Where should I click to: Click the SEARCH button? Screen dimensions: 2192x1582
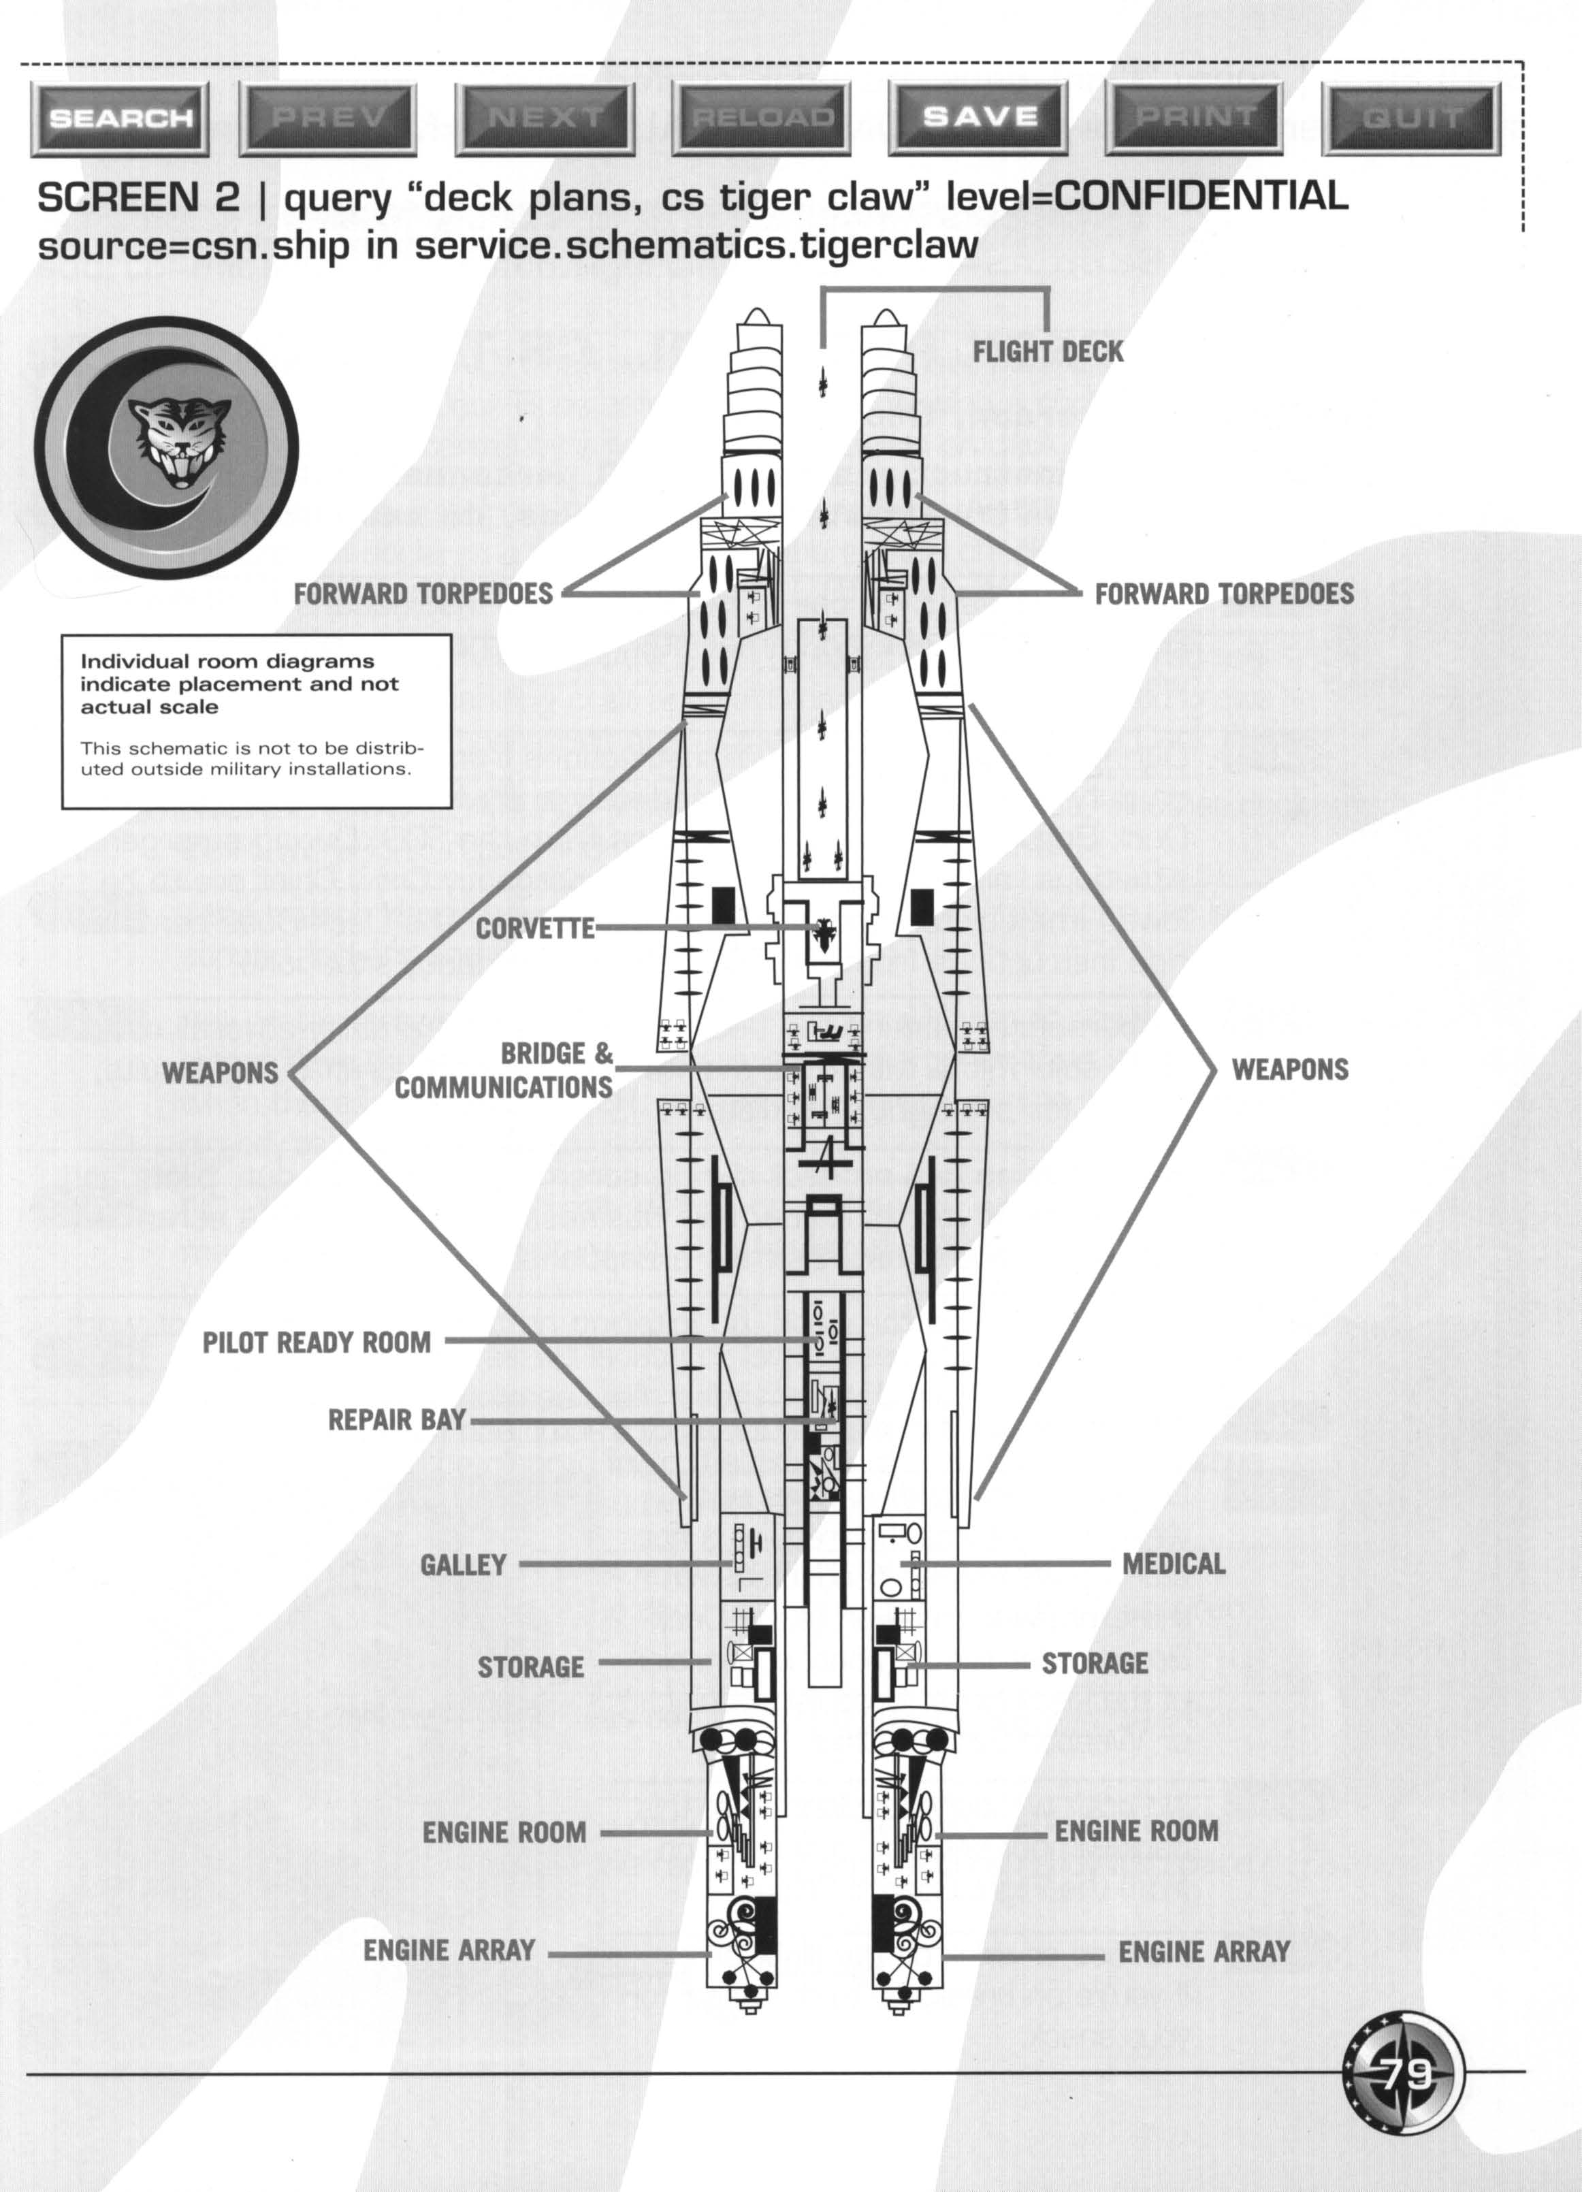(x=120, y=118)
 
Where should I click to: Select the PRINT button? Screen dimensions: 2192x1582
(x=1195, y=117)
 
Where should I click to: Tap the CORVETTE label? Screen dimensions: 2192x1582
(x=534, y=929)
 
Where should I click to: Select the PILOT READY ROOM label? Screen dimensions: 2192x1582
(x=316, y=1342)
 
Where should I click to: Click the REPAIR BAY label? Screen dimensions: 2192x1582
(x=397, y=1420)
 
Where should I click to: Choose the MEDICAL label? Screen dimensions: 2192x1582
(x=1173, y=1563)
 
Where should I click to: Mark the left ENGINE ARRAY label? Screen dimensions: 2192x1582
(x=449, y=1950)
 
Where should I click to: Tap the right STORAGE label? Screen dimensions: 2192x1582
(x=1094, y=1663)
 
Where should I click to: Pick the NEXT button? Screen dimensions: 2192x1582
(x=545, y=118)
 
